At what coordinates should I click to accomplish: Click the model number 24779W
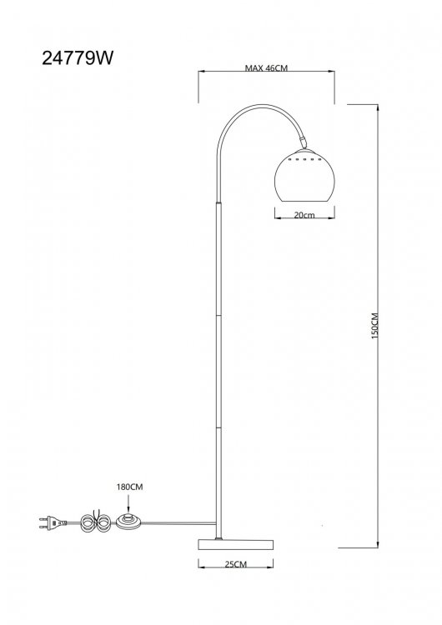click(78, 58)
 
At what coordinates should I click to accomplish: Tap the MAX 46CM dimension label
click(266, 67)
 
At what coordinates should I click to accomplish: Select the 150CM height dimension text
click(374, 326)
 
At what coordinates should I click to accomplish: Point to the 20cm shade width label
click(304, 215)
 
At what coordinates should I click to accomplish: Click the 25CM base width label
click(236, 564)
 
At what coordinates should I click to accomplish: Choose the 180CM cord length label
click(129, 487)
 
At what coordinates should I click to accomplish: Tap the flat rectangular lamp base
click(236, 544)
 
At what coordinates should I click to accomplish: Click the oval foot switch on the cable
click(129, 522)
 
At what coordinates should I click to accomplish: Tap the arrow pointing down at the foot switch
click(128, 503)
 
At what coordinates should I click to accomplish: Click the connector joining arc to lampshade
click(304, 142)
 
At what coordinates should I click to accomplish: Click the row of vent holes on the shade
click(304, 159)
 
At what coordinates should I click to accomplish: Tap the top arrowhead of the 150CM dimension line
click(378, 107)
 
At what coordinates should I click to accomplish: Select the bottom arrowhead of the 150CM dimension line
click(378, 544)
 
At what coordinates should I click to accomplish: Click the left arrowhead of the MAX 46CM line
click(202, 72)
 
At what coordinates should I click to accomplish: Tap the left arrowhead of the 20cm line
click(278, 217)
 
